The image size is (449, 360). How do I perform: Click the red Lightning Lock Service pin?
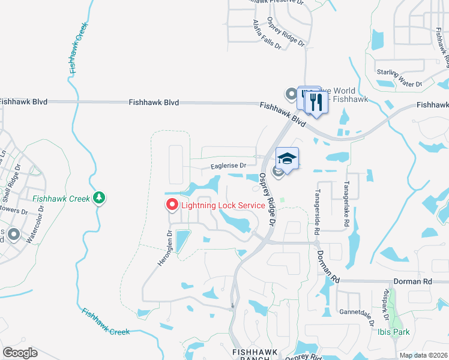click(x=171, y=205)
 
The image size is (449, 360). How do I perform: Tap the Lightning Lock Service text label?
click(x=223, y=205)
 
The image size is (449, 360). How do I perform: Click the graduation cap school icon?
click(x=288, y=159)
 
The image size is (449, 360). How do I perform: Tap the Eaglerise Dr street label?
click(x=228, y=166)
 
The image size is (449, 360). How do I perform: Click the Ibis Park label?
click(x=394, y=331)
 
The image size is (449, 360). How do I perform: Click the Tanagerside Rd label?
click(x=316, y=209)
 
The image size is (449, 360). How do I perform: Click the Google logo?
click(x=20, y=353)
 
